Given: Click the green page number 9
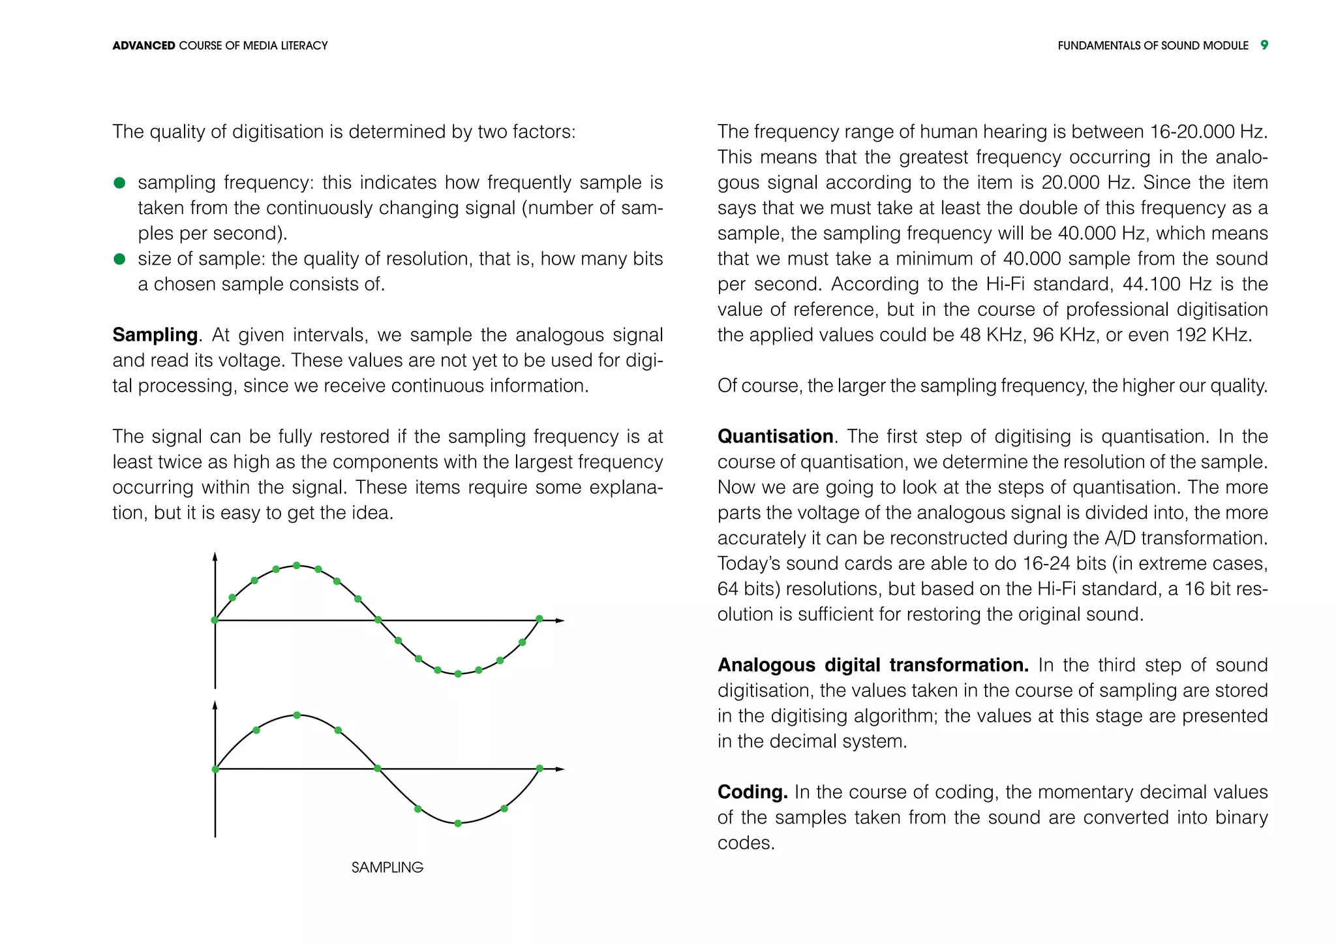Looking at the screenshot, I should point(1264,45).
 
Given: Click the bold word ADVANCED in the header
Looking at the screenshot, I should point(144,46).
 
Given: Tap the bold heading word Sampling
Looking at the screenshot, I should point(155,335).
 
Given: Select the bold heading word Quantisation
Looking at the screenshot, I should point(775,437).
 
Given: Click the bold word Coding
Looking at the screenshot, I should point(752,792).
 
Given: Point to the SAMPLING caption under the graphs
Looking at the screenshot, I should point(387,867).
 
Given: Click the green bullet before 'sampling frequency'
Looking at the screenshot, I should point(119,183).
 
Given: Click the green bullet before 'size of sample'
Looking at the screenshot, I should point(119,259).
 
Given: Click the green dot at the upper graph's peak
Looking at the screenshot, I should point(296,565).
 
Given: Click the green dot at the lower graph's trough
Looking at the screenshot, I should point(458,824).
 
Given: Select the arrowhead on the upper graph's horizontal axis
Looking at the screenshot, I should point(560,621).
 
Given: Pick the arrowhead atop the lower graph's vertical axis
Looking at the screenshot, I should point(215,705).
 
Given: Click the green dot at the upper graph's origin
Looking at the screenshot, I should point(215,620).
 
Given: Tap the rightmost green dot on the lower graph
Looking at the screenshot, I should point(539,769).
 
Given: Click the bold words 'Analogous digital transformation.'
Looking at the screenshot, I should point(873,665).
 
